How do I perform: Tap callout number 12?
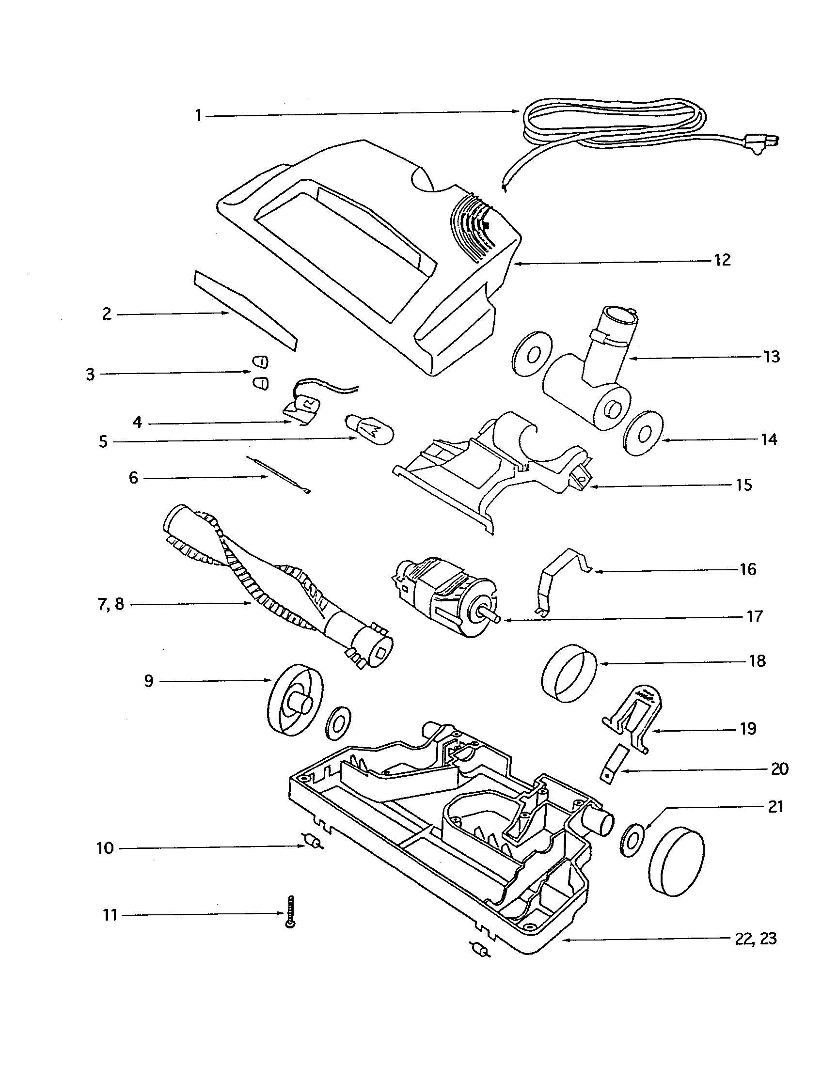tap(723, 260)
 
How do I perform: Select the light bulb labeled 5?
tap(369, 428)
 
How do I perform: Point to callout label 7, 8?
tap(111, 605)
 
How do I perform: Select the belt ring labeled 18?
tap(569, 672)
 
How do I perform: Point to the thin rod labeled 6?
tap(279, 475)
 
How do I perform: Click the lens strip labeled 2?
tap(246, 311)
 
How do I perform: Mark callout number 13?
tap(772, 357)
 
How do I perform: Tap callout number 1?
tap(198, 116)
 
